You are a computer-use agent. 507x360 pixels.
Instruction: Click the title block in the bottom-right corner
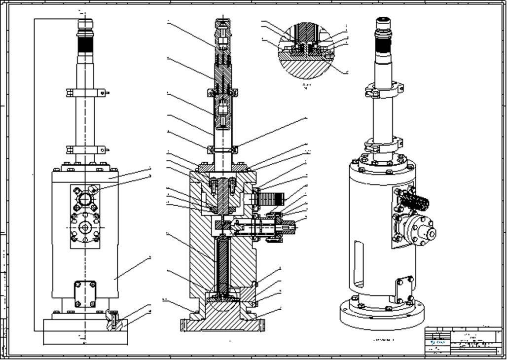[x=463, y=340]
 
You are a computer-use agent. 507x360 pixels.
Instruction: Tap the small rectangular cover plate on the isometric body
[x=404, y=289]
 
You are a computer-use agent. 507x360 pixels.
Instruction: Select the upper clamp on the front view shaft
[x=87, y=92]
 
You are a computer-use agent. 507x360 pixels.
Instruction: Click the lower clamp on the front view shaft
[x=87, y=149]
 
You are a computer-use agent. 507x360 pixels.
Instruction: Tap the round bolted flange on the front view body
[x=85, y=228]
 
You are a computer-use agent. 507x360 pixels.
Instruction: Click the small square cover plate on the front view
[x=85, y=294]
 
